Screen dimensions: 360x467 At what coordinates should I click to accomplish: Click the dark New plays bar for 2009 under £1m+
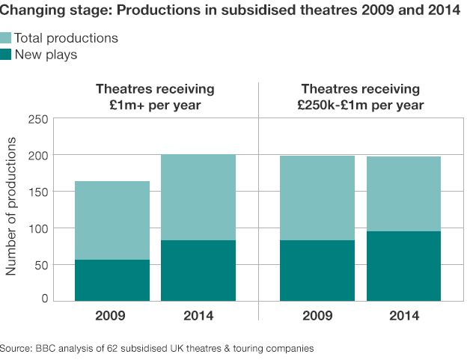(112, 280)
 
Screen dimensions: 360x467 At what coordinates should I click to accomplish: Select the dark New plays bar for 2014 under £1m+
(198, 270)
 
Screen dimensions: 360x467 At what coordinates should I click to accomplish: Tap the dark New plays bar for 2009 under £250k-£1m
(317, 270)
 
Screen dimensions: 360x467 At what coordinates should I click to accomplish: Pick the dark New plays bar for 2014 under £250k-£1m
(403, 266)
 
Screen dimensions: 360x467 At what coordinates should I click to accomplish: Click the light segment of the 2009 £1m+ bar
(112, 220)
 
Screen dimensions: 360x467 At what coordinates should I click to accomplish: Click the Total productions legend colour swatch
(6, 38)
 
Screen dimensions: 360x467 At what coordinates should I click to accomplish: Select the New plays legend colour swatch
(6, 54)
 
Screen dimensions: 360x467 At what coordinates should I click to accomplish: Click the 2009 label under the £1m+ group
(112, 316)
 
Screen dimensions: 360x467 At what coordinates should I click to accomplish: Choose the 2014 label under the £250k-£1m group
(403, 316)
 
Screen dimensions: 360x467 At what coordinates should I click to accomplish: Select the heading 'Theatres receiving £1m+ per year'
(155, 97)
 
